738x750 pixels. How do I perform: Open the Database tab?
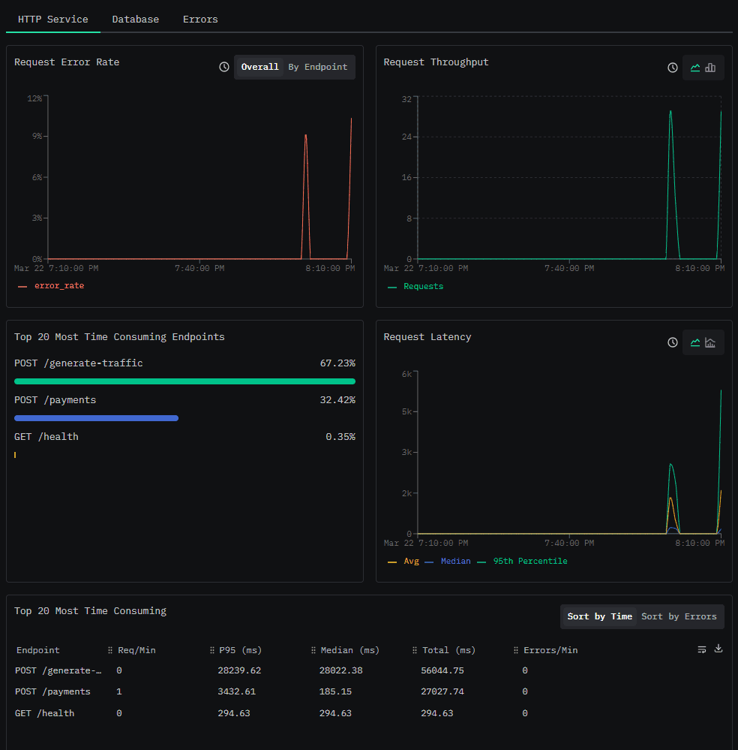tap(135, 19)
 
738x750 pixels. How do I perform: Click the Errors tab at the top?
tap(200, 19)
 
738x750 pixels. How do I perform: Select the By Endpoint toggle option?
tap(318, 67)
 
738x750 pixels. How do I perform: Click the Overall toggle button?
tap(259, 67)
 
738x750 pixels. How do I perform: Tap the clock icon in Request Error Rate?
tap(224, 67)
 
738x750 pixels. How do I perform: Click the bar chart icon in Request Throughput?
tap(710, 68)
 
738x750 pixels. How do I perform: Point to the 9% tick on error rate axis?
tap(37, 137)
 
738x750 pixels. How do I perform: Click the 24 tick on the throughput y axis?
tap(406, 137)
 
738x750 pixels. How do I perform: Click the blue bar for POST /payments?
tap(97, 418)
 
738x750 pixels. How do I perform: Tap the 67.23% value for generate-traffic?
tap(337, 363)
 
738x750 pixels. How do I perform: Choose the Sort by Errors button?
tap(679, 616)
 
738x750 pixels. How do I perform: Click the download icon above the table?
tap(718, 649)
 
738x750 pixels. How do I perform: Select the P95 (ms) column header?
tap(241, 650)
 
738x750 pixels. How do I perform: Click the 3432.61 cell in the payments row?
tap(236, 691)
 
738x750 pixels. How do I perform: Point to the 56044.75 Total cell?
tap(442, 670)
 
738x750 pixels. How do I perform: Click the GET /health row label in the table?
tap(44, 713)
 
